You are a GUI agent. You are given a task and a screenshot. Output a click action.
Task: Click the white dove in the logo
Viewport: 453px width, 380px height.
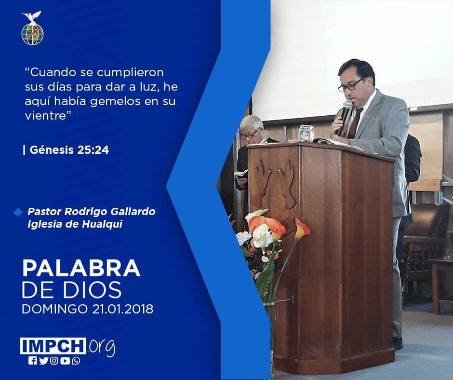click(x=32, y=17)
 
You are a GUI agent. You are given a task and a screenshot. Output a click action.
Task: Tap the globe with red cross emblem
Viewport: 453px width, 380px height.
click(x=32, y=34)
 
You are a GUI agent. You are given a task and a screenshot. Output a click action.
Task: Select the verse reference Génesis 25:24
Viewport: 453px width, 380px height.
click(x=69, y=150)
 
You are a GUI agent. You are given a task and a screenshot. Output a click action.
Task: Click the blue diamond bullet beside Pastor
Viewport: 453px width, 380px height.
click(x=18, y=212)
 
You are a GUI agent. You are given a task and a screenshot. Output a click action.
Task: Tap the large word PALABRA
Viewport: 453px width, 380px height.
click(x=81, y=269)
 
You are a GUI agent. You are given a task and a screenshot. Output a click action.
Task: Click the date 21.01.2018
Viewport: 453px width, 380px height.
click(x=123, y=309)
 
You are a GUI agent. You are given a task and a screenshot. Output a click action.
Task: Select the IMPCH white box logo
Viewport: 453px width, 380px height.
click(x=53, y=346)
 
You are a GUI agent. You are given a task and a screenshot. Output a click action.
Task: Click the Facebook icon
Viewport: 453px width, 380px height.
click(x=32, y=361)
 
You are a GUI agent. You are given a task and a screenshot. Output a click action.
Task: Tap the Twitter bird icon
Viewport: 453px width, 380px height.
click(x=43, y=361)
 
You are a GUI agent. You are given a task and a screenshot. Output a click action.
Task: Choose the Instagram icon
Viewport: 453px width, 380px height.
click(x=54, y=361)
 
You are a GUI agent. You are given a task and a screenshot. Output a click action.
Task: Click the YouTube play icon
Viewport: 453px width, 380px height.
click(x=65, y=361)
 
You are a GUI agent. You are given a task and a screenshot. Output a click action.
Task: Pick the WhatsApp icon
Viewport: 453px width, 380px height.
click(x=76, y=361)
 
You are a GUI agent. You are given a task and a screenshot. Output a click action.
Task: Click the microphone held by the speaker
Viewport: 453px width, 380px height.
click(x=343, y=117)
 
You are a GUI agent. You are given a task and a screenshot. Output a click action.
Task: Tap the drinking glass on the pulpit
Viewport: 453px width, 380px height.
click(x=306, y=133)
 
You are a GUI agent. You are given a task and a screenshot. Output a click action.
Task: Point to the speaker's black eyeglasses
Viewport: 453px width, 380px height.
click(x=350, y=85)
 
